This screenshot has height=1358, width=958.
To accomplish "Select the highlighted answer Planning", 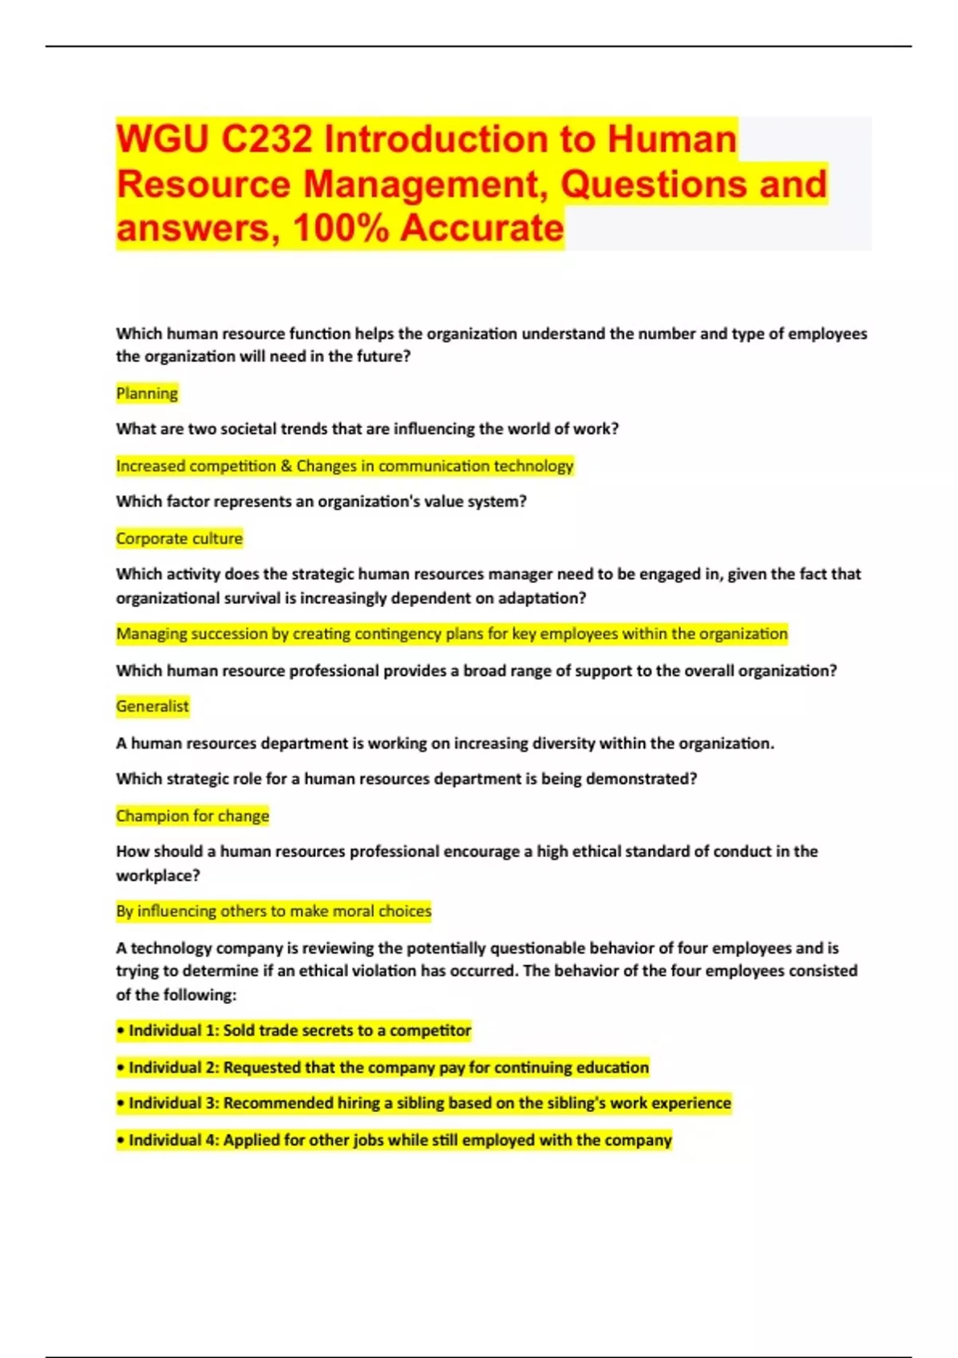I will point(147,393).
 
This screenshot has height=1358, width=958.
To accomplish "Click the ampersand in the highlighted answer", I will point(286,466).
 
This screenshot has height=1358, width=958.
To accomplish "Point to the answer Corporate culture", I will point(179,538).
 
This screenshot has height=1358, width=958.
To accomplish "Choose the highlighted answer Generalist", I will point(152,706).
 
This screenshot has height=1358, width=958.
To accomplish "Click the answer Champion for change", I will point(192,816).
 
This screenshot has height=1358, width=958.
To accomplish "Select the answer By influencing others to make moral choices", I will point(273,911).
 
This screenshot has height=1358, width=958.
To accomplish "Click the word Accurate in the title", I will point(482,228).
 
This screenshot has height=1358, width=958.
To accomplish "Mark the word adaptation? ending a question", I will point(542,598).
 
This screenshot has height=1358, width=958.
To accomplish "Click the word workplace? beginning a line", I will point(158,875).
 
